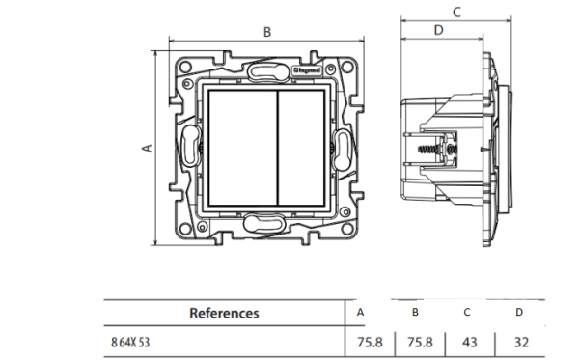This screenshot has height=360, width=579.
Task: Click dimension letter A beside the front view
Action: tap(147, 148)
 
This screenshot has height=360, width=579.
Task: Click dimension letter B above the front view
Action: tap(267, 32)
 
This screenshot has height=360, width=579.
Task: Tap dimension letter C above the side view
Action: tap(456, 13)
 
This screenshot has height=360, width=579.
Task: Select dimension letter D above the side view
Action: tap(438, 30)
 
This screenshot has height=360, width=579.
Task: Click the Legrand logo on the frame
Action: tap(307, 69)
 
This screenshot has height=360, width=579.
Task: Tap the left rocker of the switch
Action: tap(242, 148)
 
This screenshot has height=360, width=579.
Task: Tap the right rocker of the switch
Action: tap(301, 148)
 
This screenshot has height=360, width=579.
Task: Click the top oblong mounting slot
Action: tap(268, 71)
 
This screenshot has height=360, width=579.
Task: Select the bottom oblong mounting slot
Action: tap(263, 224)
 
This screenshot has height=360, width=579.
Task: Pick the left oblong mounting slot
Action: tap(190, 146)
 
